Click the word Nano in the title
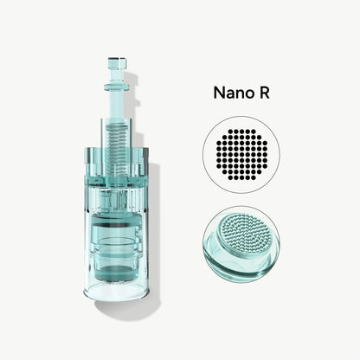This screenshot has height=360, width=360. pos(232,93)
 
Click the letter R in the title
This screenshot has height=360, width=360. pos(263,93)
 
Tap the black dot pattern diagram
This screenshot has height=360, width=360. pos(241,155)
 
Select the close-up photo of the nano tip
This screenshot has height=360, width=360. pos(241,244)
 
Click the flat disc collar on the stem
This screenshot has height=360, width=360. pos(118,87)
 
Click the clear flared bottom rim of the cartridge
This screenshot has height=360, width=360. pos(117,292)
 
